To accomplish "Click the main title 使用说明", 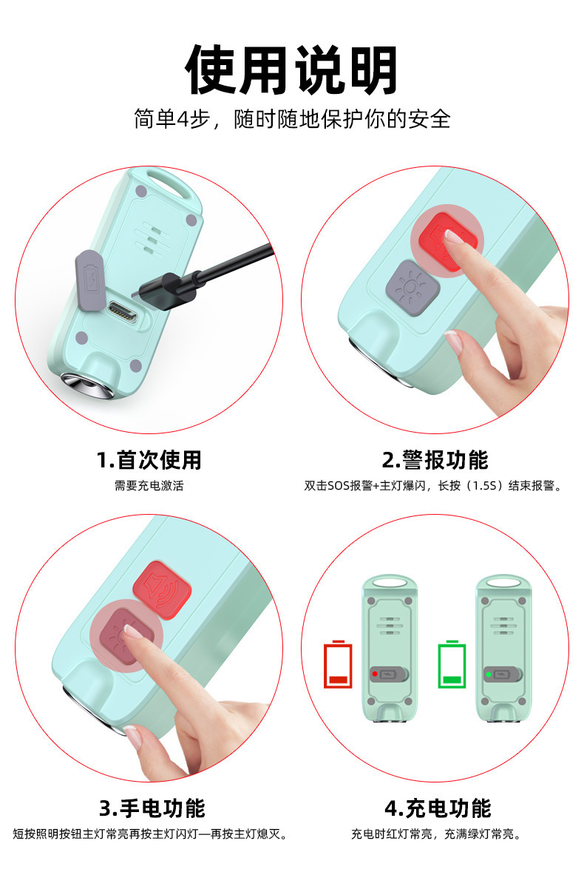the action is [291, 70].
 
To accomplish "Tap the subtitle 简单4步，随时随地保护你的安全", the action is [292, 119].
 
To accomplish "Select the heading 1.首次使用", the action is [149, 460].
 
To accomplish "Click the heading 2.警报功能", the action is [435, 460].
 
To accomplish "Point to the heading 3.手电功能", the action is [152, 808].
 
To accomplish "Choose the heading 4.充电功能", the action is [438, 808].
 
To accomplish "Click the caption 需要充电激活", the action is [149, 485].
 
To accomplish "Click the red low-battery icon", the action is [338, 664].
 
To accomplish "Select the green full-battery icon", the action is [452, 664].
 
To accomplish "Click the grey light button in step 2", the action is [412, 287].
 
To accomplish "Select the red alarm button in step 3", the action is [163, 587].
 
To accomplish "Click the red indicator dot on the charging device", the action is [375, 674].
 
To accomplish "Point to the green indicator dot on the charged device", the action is [489, 674].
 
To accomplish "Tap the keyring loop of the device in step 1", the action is [169, 185].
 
